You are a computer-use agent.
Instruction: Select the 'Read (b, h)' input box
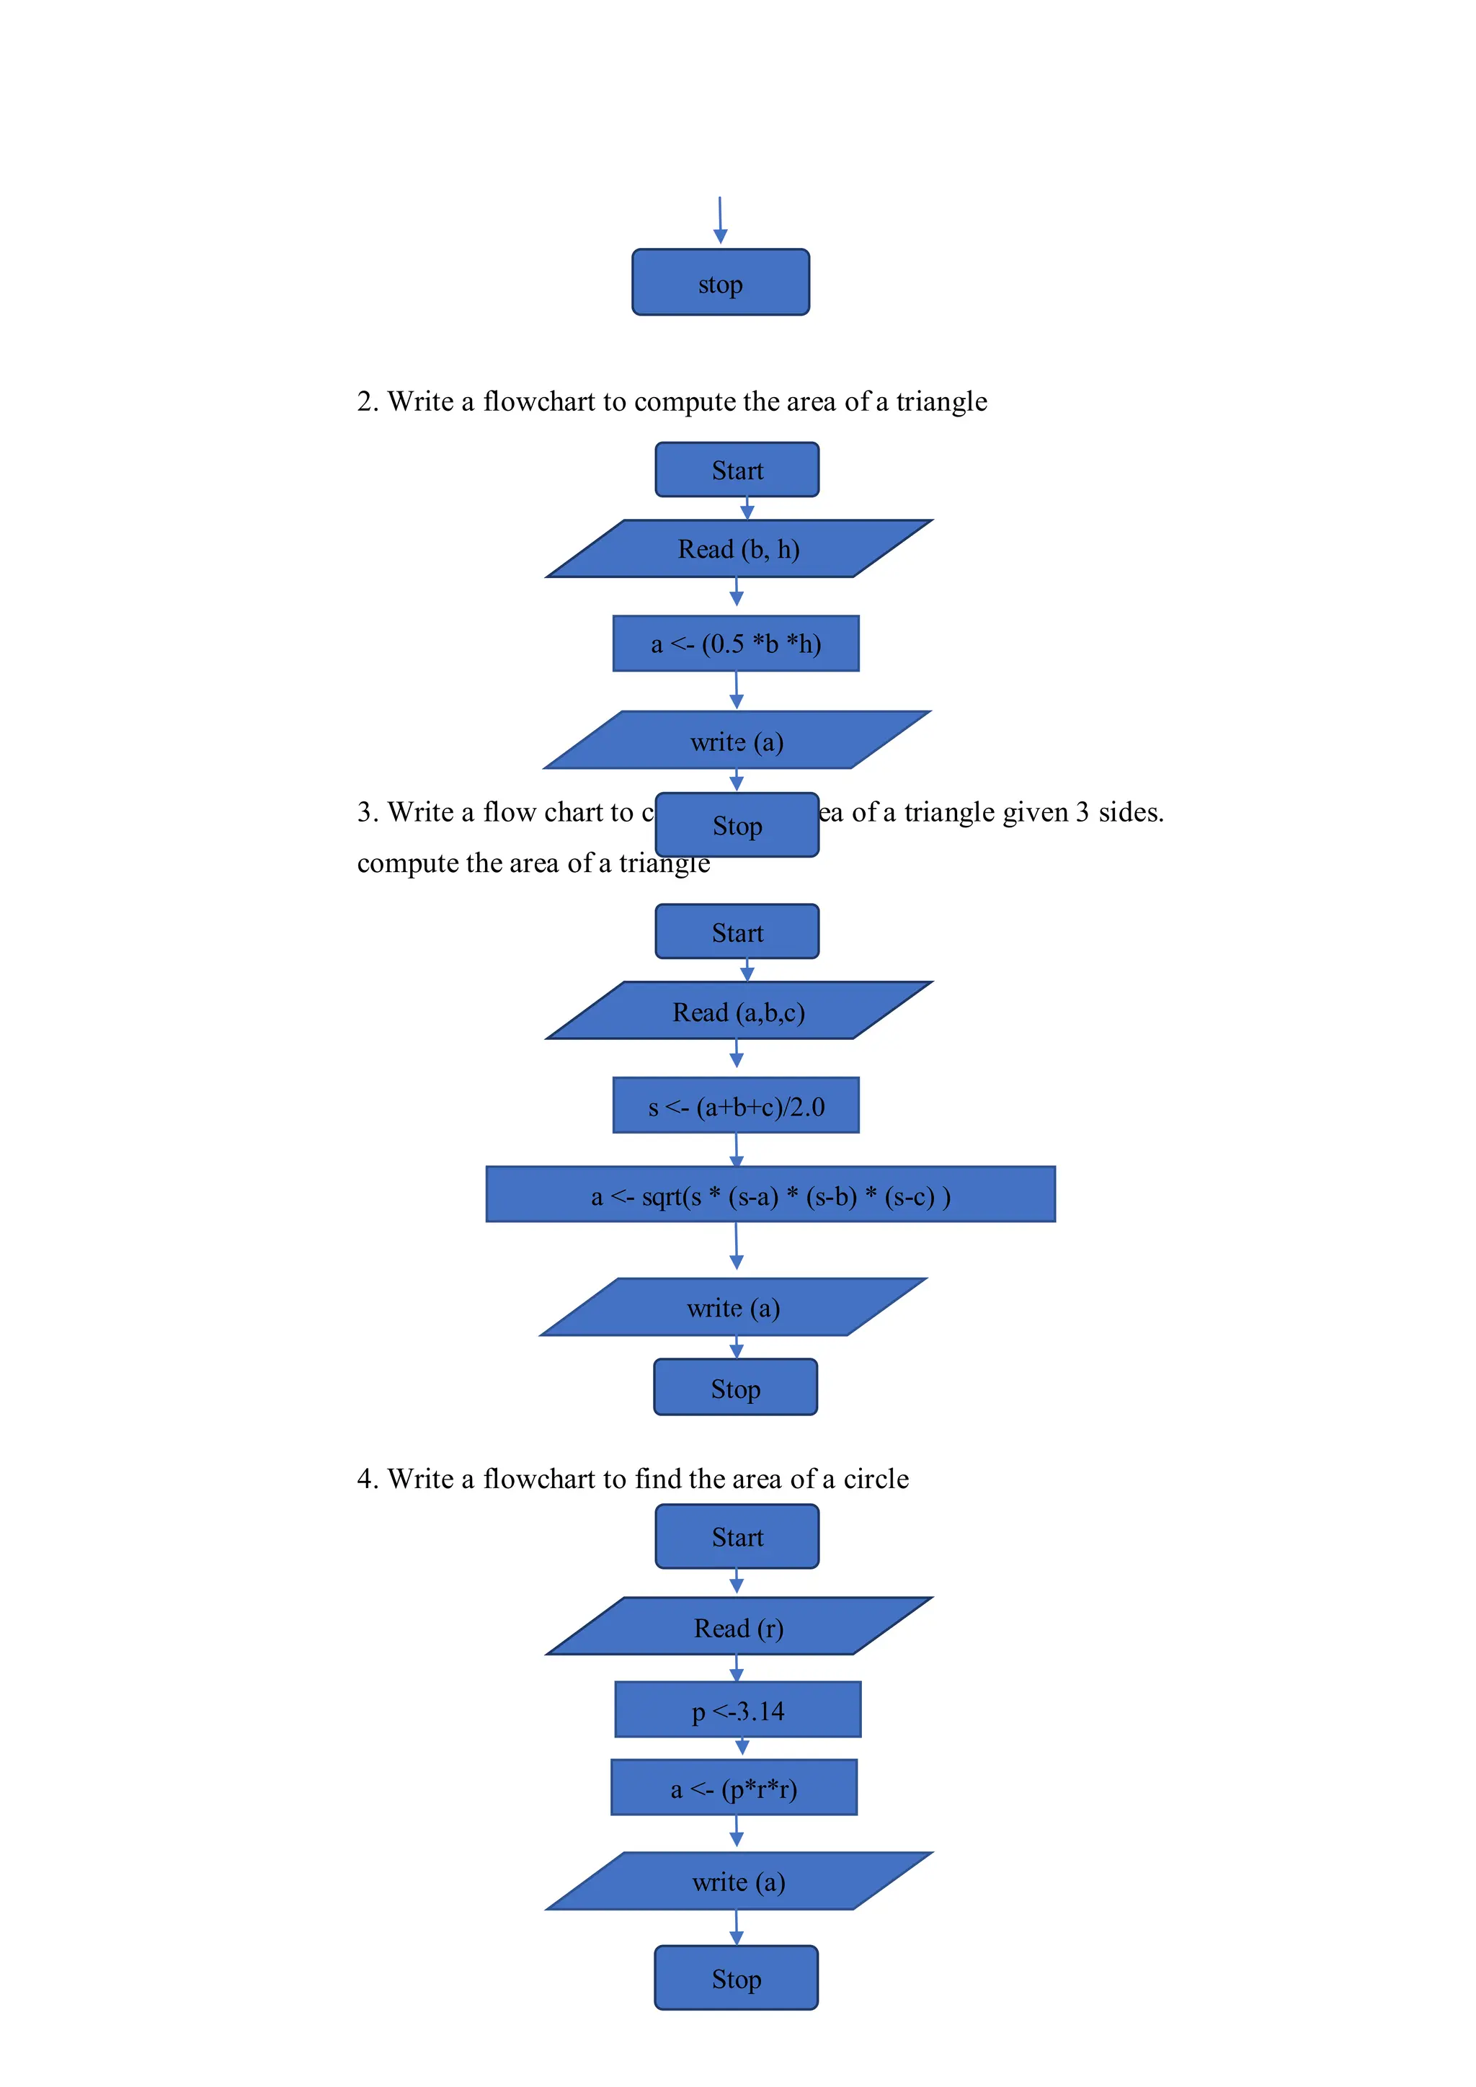point(738,549)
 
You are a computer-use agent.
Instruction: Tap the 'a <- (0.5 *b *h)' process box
point(735,644)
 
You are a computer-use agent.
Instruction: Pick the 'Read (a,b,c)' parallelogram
point(738,1011)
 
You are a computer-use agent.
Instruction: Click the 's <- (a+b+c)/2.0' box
point(735,1105)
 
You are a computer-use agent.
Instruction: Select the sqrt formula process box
point(770,1194)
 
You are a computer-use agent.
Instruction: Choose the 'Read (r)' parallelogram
point(738,1627)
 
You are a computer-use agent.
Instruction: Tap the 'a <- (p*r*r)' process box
point(734,1787)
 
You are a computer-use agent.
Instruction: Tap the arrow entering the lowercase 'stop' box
point(720,221)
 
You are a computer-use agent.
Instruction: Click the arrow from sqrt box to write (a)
point(736,1246)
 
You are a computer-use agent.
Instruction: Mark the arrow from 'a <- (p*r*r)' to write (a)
point(736,1830)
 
